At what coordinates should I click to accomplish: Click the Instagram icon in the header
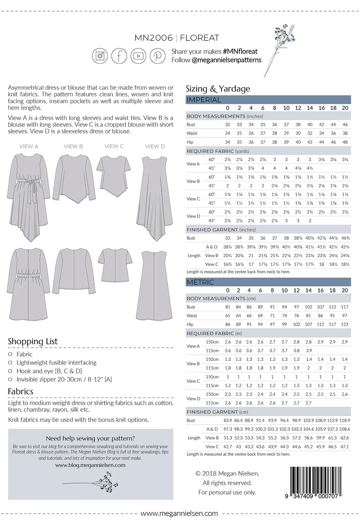click(100, 56)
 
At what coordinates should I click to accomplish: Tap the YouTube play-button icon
click(138, 56)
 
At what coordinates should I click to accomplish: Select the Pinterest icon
click(158, 56)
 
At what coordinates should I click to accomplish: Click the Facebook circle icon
click(119, 56)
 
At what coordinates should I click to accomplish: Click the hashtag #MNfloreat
click(240, 51)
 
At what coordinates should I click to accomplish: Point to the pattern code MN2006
click(154, 38)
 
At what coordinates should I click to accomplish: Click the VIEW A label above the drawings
click(29, 146)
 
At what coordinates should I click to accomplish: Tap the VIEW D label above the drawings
click(155, 146)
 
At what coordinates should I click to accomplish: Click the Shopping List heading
click(33, 341)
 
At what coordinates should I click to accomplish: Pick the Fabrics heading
click(20, 391)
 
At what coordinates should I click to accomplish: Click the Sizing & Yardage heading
click(218, 89)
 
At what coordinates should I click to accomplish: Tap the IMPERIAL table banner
click(268, 100)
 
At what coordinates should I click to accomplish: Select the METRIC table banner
click(268, 282)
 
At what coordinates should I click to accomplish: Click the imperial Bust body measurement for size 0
click(228, 125)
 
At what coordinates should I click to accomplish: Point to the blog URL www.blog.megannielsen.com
click(90, 465)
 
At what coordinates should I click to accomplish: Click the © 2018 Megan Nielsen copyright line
click(227, 474)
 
